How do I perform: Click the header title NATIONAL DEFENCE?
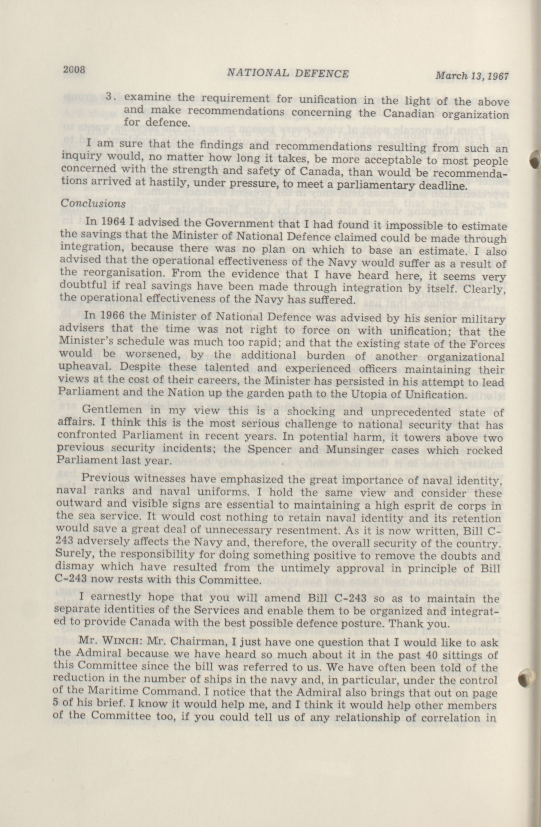(x=288, y=73)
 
